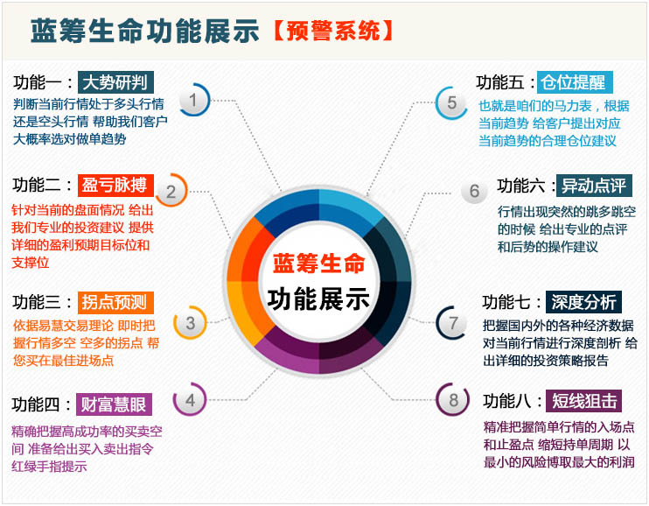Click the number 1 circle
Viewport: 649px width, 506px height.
193,100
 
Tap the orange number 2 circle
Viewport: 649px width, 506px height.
171,192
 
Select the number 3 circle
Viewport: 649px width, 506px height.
190,323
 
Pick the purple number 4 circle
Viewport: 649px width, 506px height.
190,400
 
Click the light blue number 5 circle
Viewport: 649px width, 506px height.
451,102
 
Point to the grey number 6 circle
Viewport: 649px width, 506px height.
474,191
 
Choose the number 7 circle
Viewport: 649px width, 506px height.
453,323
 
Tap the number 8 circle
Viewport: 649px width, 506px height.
453,400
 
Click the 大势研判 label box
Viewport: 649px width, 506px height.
115,82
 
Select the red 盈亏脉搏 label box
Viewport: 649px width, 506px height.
115,186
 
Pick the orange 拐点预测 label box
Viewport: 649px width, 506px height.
115,303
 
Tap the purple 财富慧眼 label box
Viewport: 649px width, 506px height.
114,404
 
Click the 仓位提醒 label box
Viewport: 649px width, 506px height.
575,82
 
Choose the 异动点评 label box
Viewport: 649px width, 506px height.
594,186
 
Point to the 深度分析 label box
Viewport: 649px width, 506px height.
583,302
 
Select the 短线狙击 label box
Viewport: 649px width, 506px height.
583,401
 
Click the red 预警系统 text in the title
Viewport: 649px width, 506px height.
333,32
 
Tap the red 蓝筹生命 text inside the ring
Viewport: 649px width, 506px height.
318,264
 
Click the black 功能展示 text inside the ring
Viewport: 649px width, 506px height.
318,299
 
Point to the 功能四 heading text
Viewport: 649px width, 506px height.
36,404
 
